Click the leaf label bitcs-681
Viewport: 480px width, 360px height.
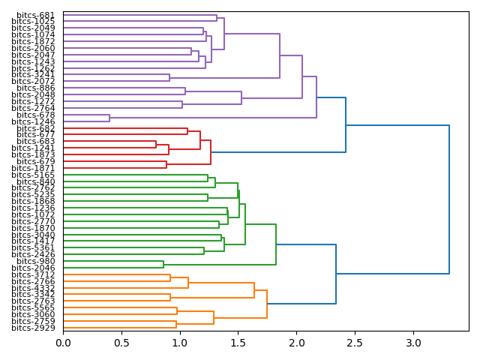[35, 15]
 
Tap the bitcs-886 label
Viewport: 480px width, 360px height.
[35, 88]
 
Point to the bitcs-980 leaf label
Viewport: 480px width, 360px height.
[35, 261]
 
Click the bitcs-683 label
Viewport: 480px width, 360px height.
[35, 141]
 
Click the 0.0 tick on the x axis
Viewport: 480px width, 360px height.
[63, 342]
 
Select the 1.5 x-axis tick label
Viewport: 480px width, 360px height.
[238, 342]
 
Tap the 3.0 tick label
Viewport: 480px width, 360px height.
[413, 342]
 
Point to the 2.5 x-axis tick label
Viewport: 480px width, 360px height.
[355, 342]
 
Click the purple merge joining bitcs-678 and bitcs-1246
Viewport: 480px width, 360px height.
[109, 118]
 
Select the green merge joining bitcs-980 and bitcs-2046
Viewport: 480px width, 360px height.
[163, 264]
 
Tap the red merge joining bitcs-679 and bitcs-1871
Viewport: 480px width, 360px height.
[166, 164]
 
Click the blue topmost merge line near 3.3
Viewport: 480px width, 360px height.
[449, 199]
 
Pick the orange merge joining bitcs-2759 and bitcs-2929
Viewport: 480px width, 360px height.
[176, 324]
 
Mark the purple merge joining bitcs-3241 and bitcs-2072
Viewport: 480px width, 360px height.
[169, 77]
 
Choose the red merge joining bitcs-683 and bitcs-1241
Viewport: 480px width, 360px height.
[156, 144]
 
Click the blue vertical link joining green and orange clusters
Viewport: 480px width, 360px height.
[336, 274]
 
